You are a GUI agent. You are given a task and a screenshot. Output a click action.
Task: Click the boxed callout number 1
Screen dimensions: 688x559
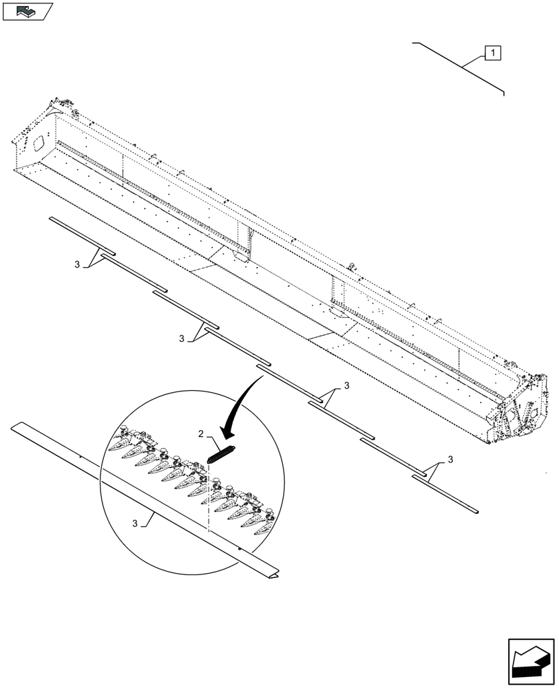coord(493,52)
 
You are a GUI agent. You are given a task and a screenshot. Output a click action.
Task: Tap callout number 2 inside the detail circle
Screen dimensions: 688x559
coord(200,433)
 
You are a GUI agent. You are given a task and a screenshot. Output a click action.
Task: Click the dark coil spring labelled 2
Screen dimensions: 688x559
coord(220,455)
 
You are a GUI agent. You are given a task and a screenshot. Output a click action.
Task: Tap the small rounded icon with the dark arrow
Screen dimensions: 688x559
coord(27,10)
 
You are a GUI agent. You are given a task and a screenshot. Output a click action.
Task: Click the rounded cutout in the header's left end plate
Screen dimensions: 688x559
coord(36,142)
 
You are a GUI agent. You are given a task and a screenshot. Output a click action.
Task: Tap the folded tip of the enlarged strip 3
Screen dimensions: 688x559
coord(274,572)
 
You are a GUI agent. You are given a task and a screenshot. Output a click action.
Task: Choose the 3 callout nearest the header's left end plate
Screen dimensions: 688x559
coord(78,264)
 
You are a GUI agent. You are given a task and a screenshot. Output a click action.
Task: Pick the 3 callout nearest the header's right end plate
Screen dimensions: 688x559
coord(450,459)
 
